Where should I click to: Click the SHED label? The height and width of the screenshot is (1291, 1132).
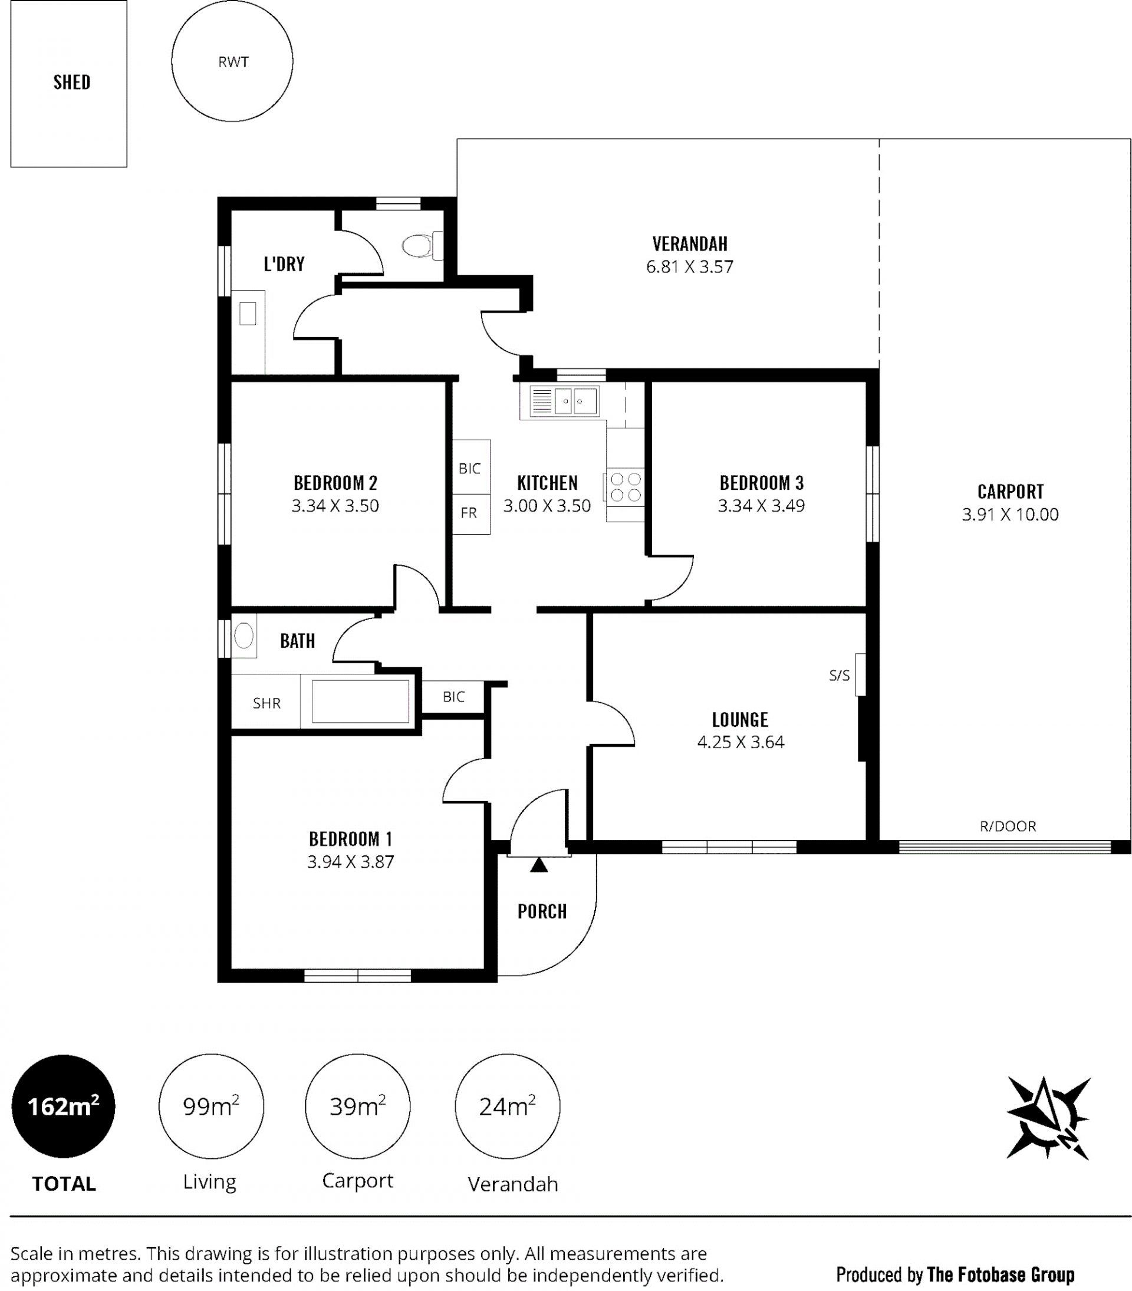72,82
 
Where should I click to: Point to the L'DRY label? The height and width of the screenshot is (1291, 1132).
284,264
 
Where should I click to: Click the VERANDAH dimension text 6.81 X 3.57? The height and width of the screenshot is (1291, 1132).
690,266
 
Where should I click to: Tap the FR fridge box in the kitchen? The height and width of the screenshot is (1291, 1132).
471,513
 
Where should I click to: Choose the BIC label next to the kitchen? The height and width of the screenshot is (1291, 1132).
469,468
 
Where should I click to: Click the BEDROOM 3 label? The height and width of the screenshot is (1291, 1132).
762,483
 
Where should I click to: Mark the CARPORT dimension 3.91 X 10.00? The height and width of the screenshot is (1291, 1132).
1010,514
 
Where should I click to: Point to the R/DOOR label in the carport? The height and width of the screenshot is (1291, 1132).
1008,826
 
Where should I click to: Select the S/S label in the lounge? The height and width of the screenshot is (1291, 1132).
840,675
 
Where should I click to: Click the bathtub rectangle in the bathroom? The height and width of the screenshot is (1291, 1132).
361,701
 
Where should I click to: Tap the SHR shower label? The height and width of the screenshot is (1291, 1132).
266,703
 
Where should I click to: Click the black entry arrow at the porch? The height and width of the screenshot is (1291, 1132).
539,865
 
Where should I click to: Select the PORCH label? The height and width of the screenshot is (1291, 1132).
542,911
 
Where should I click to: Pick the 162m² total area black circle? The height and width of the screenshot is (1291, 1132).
63,1106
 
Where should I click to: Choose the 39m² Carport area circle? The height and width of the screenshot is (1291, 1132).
357,1106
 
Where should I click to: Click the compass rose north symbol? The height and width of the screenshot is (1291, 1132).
1048,1117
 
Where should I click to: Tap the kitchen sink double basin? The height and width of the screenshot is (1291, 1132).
575,401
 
